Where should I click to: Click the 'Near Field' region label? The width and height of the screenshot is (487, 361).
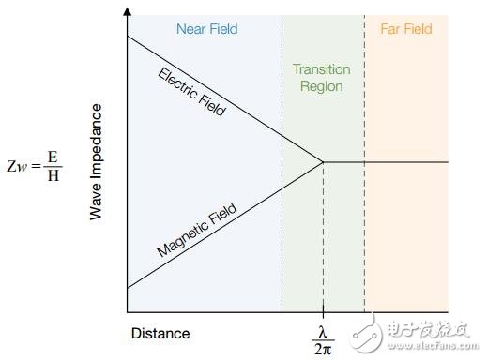point(207,29)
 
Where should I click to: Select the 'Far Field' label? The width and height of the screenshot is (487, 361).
point(405,29)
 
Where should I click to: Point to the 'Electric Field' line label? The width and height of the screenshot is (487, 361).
point(192,92)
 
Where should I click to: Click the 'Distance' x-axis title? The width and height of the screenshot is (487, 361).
point(160,333)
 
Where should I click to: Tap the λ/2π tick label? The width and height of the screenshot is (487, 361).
point(323,338)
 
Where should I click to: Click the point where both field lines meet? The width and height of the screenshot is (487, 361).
point(324,162)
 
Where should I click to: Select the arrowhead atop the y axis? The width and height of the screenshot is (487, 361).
point(127,12)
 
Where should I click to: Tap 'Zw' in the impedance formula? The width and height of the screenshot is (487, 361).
point(19,165)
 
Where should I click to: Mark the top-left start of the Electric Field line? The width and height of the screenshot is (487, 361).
point(128,36)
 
